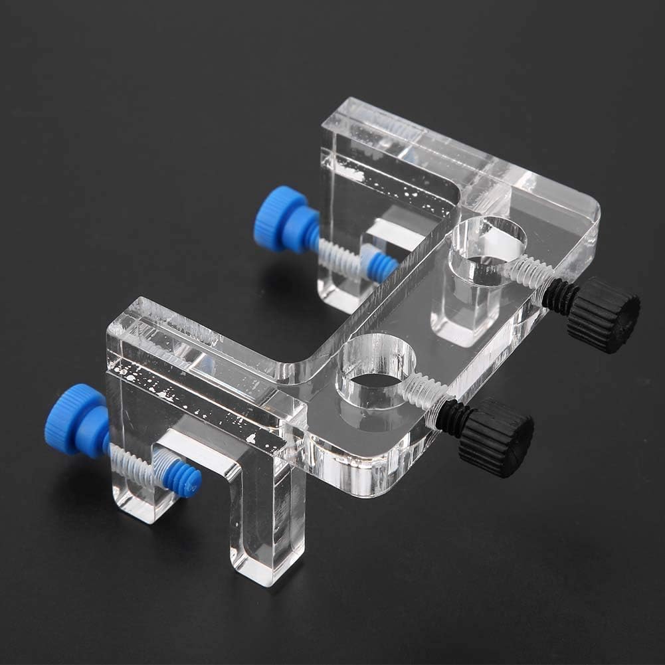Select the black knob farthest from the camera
pos(603,314)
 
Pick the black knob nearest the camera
pos(496,436)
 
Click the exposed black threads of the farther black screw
pos(556,296)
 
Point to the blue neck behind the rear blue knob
pos(306,229)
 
